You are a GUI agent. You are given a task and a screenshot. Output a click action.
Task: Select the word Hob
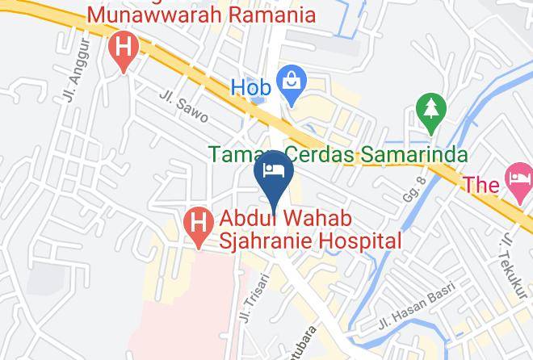coord(250,85)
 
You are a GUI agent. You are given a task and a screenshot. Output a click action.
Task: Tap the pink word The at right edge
coord(481,185)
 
